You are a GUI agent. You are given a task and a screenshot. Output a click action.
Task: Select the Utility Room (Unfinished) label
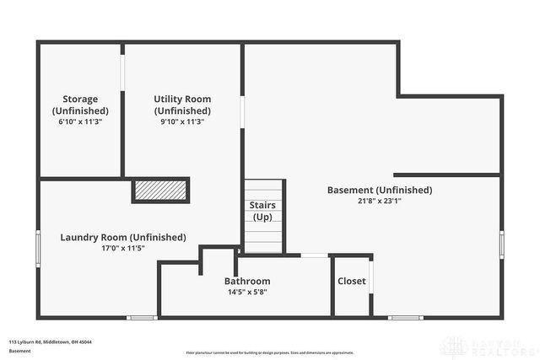click(x=182, y=105)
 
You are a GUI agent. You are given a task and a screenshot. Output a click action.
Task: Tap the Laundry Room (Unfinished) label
click(x=123, y=237)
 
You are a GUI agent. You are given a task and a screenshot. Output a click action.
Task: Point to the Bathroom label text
click(x=247, y=281)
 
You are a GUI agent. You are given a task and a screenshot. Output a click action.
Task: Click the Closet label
click(x=352, y=281)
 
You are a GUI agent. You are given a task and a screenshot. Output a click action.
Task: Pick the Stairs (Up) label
click(x=262, y=211)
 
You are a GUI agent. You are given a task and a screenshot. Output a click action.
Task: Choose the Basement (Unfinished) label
click(x=380, y=190)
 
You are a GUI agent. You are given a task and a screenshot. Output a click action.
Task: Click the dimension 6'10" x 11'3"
click(x=80, y=121)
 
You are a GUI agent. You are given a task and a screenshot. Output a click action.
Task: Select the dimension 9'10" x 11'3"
click(x=182, y=121)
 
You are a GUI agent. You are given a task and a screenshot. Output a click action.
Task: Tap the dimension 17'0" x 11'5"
click(x=123, y=248)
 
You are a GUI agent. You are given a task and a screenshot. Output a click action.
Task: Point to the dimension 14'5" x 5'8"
click(x=247, y=293)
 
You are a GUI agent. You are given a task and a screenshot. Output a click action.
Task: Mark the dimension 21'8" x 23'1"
click(x=380, y=201)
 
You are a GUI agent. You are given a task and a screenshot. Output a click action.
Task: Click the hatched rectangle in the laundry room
click(x=160, y=191)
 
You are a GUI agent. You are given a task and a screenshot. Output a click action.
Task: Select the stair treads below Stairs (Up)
click(x=262, y=237)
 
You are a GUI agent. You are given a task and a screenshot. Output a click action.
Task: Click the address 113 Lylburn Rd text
click(x=51, y=341)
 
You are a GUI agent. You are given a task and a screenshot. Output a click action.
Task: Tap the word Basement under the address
click(x=19, y=351)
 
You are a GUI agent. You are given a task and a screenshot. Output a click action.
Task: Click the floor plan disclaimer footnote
click(x=270, y=352)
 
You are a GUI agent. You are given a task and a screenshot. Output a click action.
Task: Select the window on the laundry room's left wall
click(x=37, y=248)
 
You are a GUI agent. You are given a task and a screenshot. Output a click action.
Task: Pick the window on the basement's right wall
click(x=502, y=244)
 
